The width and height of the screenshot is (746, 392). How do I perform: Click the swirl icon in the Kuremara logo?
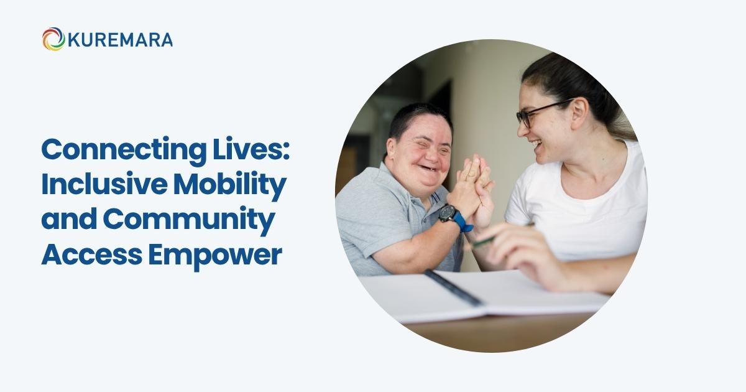pos(53,39)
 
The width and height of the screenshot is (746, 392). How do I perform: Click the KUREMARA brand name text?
pos(120,40)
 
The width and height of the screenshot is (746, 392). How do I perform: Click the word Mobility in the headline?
pos(230,185)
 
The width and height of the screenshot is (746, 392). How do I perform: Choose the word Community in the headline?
pos(189,220)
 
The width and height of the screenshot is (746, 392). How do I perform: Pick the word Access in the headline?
pos(91,255)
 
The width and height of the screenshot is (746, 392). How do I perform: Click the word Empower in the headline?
pos(215,257)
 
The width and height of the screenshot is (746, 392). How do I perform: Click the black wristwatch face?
pos(447,213)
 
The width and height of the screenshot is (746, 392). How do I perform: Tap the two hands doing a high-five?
pos(472,190)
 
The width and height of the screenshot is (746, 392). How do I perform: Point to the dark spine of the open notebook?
pos(454,288)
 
